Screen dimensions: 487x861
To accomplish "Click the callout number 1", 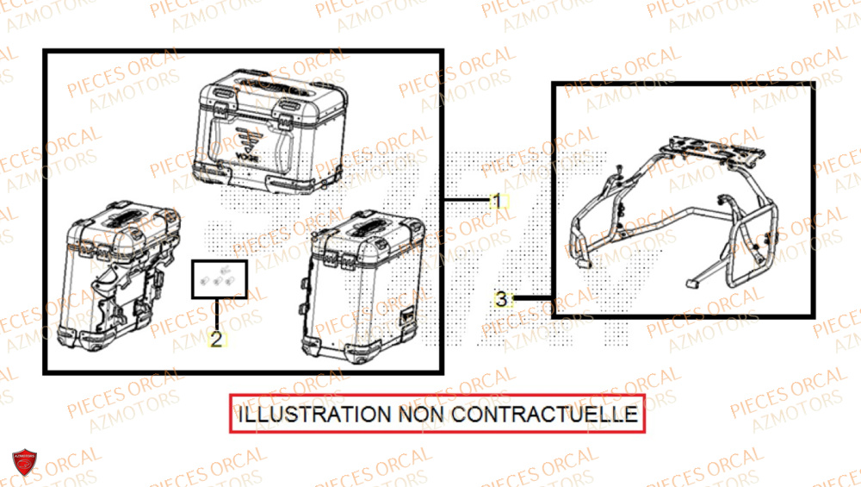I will coord(497,201).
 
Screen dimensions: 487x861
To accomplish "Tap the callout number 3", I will coord(501,300).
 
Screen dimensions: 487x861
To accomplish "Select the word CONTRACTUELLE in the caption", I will coord(544,415).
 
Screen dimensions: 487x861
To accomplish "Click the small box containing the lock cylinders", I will coord(219,279).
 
